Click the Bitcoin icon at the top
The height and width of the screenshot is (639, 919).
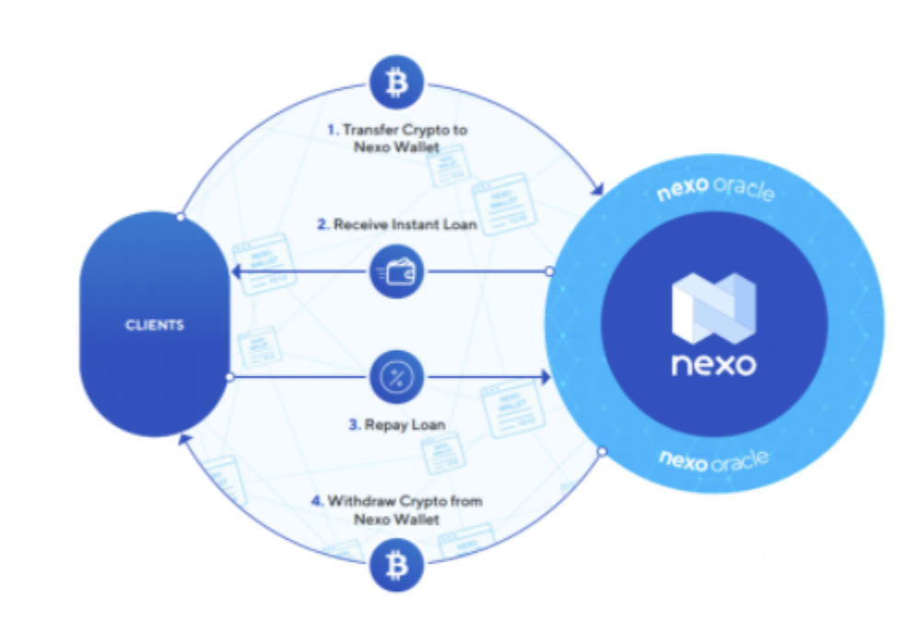point(397,83)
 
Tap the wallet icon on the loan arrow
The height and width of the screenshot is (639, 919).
point(397,272)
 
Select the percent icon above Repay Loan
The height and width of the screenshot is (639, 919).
point(397,377)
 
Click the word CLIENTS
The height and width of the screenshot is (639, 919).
point(154,325)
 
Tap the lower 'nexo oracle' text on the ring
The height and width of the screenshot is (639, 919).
point(714,458)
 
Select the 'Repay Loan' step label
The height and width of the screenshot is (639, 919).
point(397,424)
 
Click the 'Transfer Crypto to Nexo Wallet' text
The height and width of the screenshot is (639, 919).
point(397,138)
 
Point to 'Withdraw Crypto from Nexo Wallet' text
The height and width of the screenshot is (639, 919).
point(397,509)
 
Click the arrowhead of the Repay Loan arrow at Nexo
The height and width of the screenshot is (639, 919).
point(545,377)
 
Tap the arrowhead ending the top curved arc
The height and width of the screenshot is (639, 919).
point(598,190)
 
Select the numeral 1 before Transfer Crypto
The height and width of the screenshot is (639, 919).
point(332,130)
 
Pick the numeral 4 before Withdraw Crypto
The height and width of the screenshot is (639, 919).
point(316,501)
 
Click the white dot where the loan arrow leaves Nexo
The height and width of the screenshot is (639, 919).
point(550,272)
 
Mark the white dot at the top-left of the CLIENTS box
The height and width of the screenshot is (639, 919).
point(180,218)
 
